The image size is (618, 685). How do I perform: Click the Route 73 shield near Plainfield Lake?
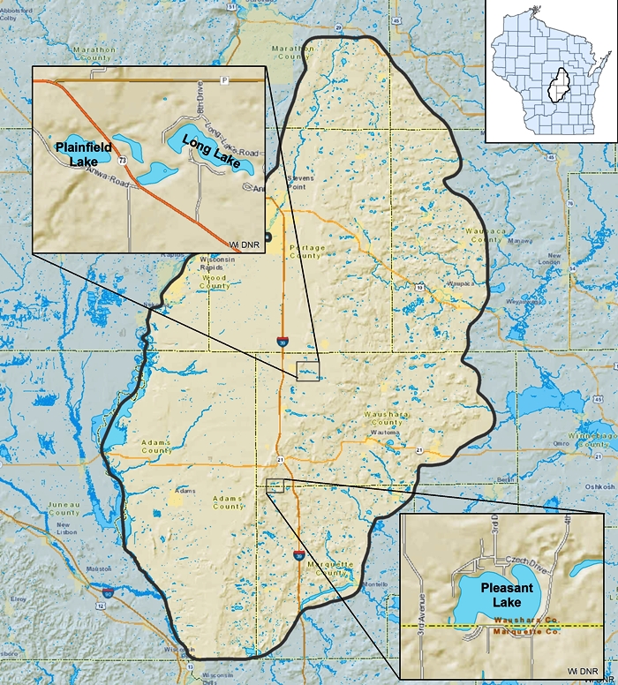point(121,160)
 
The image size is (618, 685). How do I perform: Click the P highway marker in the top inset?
point(224,80)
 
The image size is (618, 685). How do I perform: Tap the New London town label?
point(548,258)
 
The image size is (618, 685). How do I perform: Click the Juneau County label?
point(64,509)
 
